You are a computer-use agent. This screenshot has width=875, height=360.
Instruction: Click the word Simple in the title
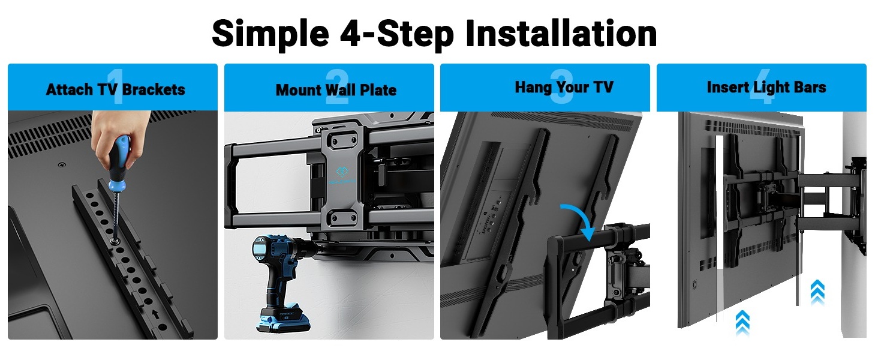pyautogui.click(x=270, y=34)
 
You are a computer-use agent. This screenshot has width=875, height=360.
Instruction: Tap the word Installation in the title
pyautogui.click(x=561, y=33)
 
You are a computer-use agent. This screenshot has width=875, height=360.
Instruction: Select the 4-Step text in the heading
pyautogui.click(x=397, y=34)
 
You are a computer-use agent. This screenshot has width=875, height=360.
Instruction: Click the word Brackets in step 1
pyautogui.click(x=154, y=89)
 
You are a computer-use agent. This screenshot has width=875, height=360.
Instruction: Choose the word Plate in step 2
pyautogui.click(x=378, y=90)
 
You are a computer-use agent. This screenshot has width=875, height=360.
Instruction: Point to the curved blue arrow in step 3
pyautogui.click(x=580, y=221)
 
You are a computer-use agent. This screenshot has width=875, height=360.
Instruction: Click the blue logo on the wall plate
pyautogui.click(x=342, y=172)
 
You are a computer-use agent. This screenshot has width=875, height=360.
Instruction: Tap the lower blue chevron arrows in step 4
pyautogui.click(x=742, y=322)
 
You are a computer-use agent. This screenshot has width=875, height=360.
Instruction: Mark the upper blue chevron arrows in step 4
pyautogui.click(x=817, y=292)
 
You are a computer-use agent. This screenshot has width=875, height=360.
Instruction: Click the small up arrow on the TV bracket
pyautogui.click(x=156, y=313)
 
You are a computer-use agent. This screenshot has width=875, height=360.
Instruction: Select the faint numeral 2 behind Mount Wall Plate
pyautogui.click(x=336, y=86)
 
